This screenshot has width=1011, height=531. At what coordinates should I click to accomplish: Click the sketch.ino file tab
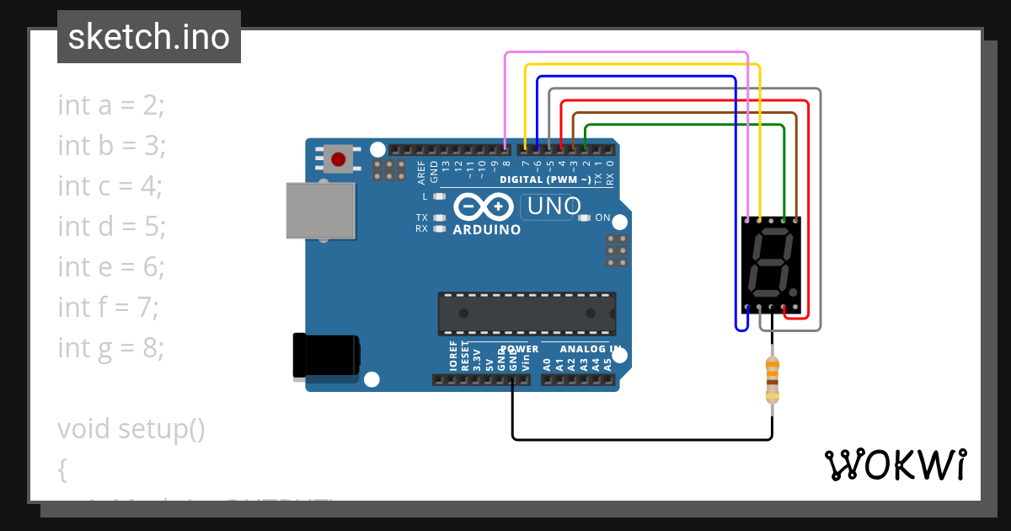149,37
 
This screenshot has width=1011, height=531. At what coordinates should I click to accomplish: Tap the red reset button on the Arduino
339,158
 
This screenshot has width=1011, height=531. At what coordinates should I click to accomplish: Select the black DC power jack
325,355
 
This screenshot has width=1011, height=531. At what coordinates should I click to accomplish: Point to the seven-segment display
771,264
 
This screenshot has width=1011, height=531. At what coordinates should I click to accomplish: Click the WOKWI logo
895,464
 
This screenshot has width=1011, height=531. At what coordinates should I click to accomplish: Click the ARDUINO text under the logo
486,229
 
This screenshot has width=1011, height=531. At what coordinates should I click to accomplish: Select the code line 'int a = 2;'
111,105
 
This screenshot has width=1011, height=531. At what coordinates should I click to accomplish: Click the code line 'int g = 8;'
111,347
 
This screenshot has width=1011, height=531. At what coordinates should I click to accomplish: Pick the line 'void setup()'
131,428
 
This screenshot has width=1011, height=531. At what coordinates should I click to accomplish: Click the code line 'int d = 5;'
111,226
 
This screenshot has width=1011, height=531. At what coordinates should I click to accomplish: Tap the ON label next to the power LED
602,217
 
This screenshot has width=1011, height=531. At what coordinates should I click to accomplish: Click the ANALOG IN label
591,349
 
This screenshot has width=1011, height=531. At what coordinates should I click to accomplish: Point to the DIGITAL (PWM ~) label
545,180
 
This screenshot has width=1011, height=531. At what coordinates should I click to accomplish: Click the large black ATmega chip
526,313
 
